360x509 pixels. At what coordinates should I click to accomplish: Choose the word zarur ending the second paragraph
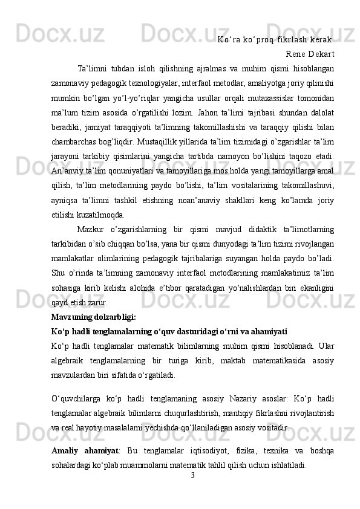click(x=97, y=303)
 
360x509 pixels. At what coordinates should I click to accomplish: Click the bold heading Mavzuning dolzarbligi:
click(x=94, y=316)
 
